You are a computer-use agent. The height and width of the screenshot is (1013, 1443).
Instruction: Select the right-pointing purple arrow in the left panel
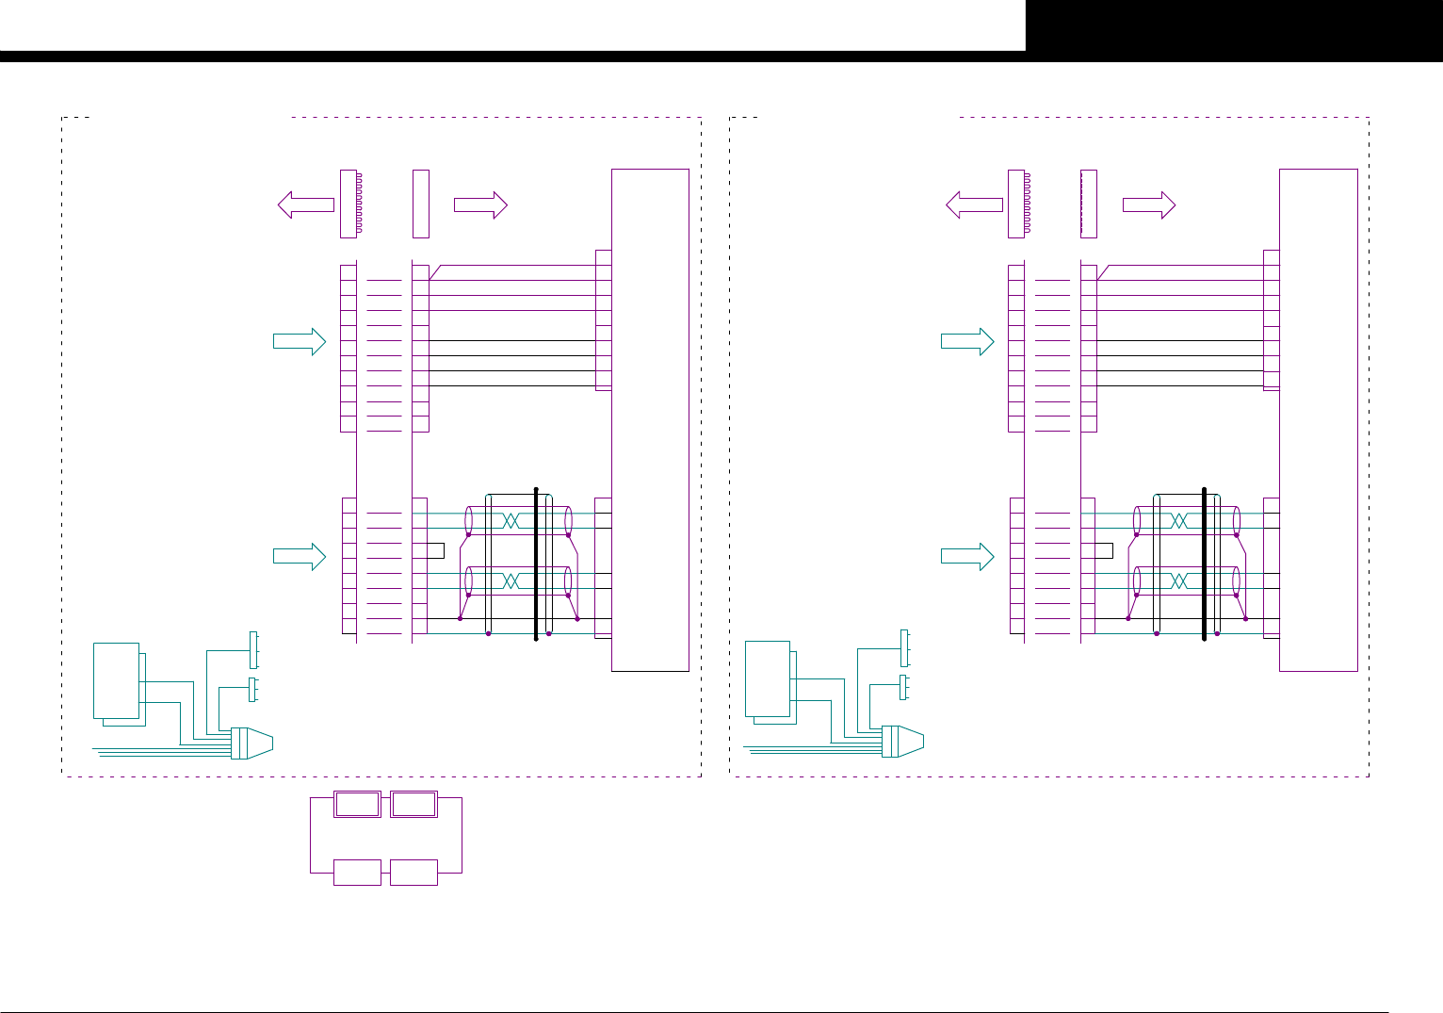[481, 204]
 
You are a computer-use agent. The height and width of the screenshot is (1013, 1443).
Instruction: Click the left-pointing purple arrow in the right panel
[974, 204]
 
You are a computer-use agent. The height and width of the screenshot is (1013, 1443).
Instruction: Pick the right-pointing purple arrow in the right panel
[1149, 204]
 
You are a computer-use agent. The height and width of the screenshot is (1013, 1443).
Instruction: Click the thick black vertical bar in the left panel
[536, 564]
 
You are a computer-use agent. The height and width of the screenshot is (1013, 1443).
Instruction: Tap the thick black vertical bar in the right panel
[1205, 564]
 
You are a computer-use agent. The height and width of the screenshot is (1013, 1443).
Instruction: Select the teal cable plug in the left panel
[251, 743]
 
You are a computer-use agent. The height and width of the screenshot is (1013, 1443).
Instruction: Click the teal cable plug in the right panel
[902, 742]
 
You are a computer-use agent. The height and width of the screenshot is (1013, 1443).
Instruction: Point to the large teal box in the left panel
[117, 680]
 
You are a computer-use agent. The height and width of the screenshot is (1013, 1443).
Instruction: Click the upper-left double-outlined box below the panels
[358, 805]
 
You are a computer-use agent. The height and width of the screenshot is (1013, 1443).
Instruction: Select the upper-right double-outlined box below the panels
[413, 805]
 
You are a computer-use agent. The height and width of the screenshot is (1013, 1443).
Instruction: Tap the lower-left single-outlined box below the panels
[358, 873]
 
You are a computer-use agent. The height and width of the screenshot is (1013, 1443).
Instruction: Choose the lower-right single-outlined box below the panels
[413, 873]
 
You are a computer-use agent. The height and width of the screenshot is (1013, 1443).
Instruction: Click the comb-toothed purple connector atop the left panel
[349, 204]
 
